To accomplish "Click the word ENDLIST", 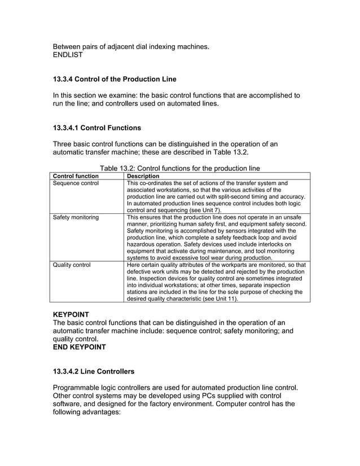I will (68, 55).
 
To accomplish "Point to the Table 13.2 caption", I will (179, 168).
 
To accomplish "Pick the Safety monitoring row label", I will (76, 217).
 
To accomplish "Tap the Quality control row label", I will (72, 264).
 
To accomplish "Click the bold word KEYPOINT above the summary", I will (71, 314).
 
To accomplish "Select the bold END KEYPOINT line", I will (79, 347).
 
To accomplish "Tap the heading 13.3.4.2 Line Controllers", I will (94, 372).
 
